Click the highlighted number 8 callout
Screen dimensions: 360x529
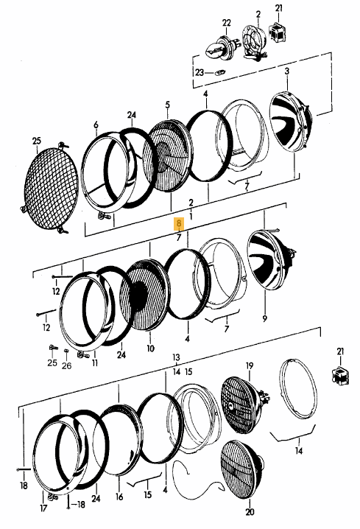179,224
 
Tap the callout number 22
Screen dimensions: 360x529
227,23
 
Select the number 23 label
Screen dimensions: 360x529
200,72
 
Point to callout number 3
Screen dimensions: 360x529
287,71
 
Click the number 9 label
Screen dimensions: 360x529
264,318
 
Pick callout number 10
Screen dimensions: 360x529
150,348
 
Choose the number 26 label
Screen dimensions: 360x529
67,365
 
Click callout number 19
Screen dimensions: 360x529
250,365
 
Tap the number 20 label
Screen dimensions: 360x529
250,512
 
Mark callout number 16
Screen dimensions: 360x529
119,497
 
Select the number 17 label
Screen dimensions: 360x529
43,508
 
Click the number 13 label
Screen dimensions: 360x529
176,357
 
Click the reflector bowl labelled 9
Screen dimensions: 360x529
269,260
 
